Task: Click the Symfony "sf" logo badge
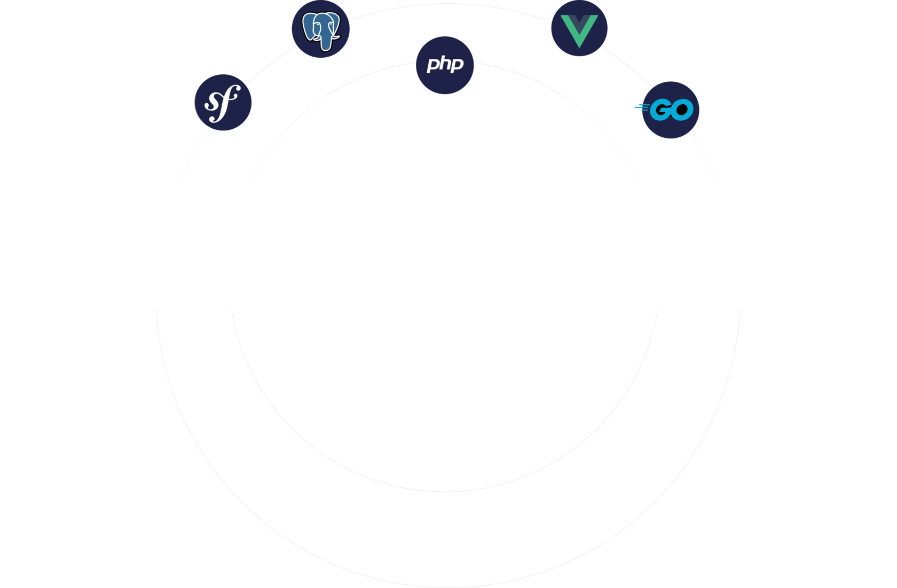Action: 223,102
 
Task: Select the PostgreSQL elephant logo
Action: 321,29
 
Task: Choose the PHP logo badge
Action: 445,65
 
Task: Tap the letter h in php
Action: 444,63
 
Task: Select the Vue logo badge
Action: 579,28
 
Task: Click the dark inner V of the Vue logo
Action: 579,24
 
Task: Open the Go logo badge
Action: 671,110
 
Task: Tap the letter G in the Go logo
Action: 662,110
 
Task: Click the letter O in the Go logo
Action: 682,110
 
